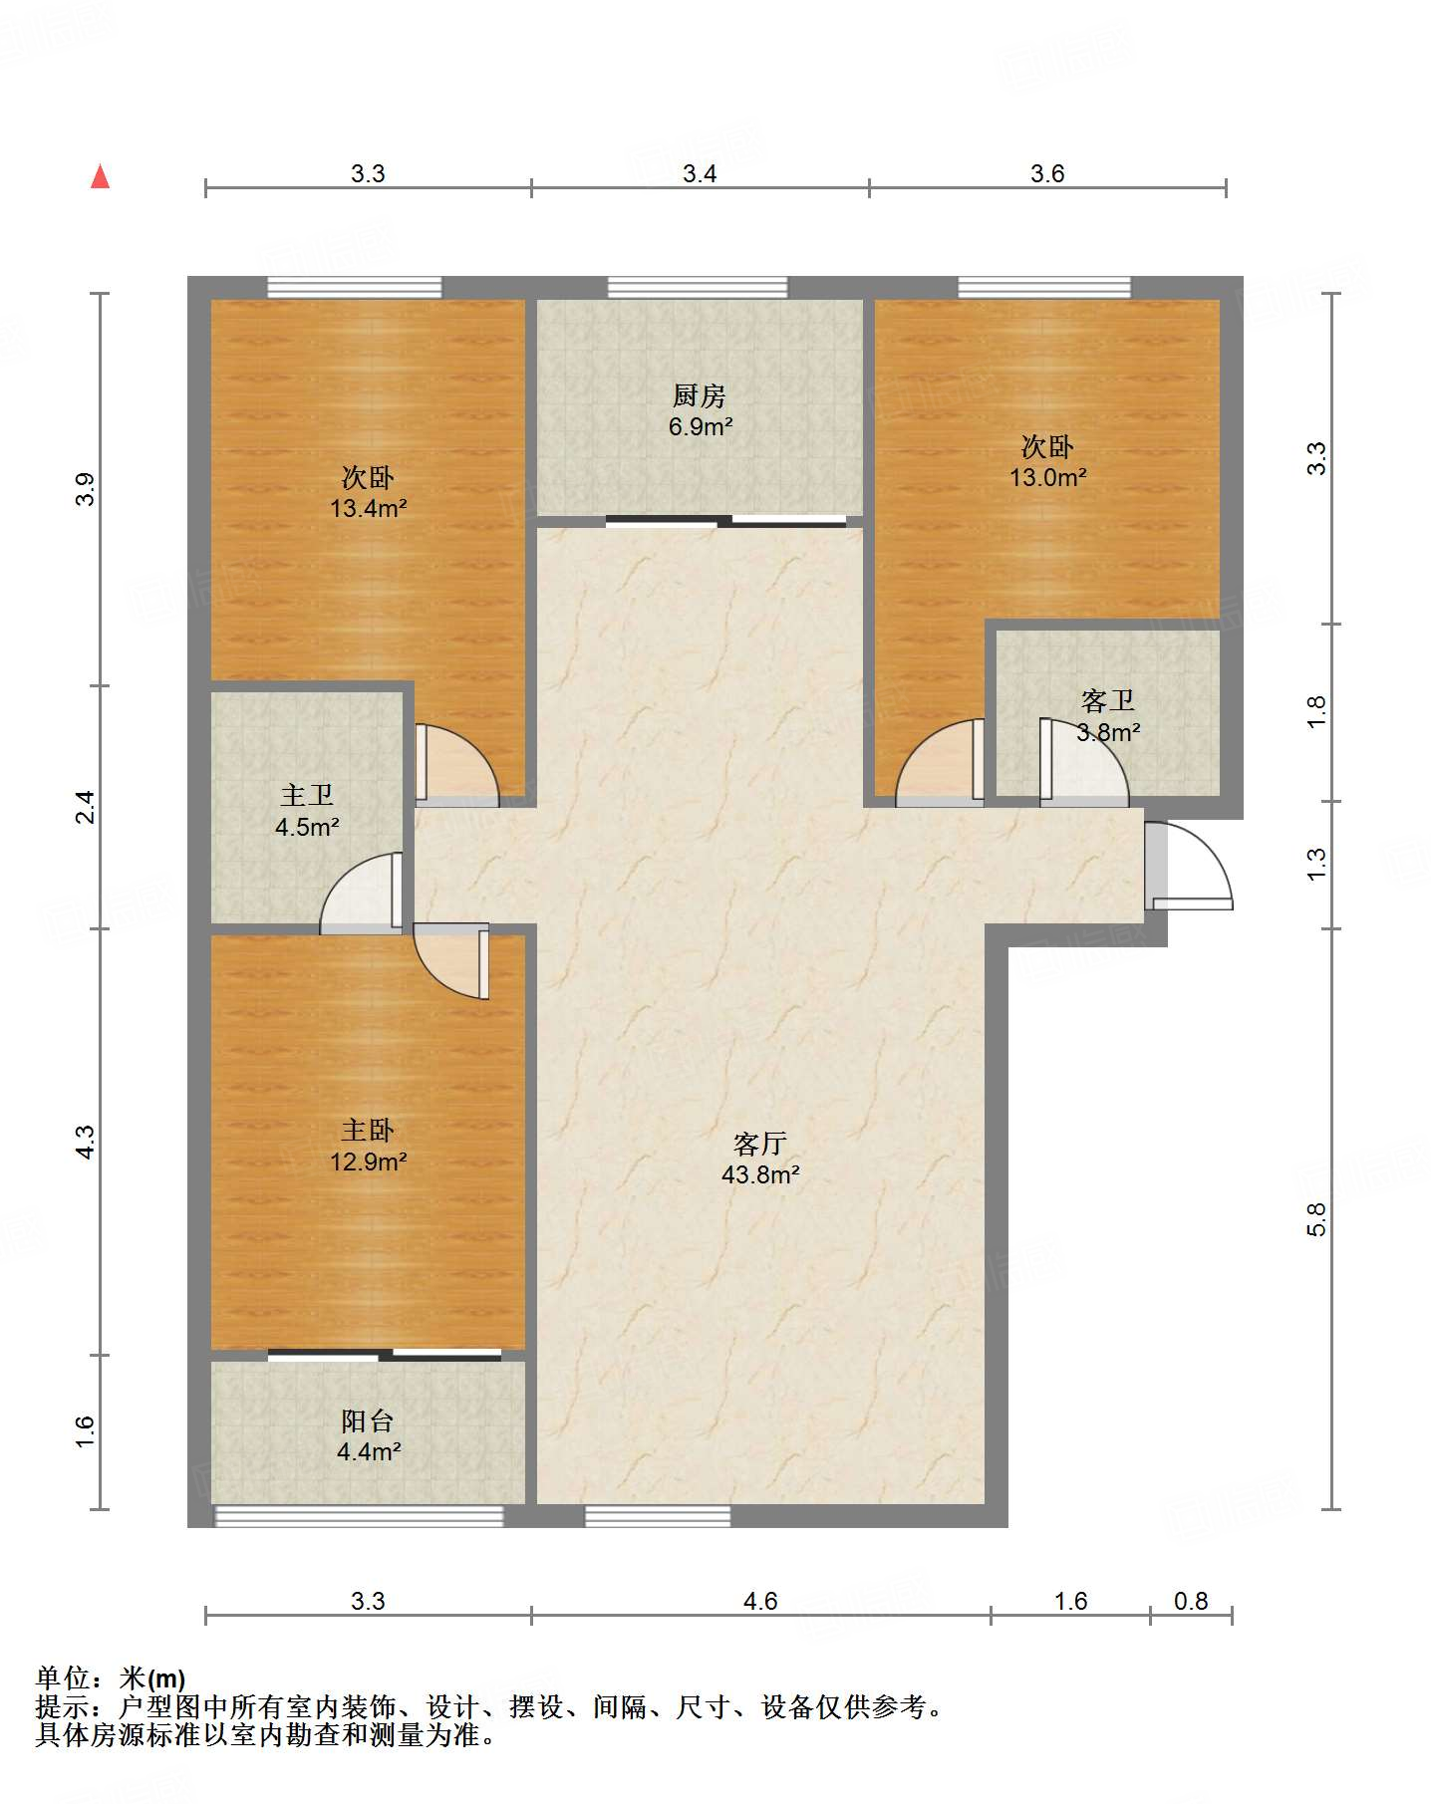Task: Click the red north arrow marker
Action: click(100, 176)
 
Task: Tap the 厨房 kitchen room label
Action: click(699, 396)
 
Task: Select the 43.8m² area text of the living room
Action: click(760, 1174)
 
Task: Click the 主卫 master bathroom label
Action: click(307, 795)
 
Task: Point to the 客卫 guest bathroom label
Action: click(1108, 701)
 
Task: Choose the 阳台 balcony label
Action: click(368, 1420)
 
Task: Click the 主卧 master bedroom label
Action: click(368, 1130)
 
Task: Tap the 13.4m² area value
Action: click(369, 508)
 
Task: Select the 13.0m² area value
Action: click(1047, 477)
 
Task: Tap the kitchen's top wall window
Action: click(698, 288)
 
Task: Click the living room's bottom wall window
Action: click(658, 1516)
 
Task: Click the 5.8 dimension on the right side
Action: click(1316, 1219)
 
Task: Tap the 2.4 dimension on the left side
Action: click(86, 806)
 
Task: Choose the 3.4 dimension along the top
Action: click(700, 173)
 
